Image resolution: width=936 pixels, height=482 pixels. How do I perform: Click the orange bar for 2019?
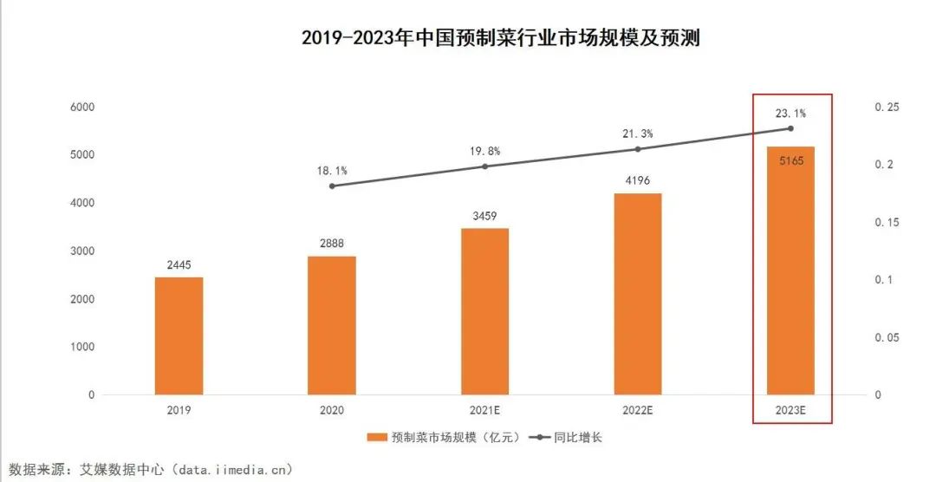(179, 336)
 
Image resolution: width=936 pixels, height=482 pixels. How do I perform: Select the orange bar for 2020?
(332, 325)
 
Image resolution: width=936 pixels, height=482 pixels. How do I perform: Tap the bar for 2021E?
(484, 311)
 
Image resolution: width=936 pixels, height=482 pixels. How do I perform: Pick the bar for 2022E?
(637, 294)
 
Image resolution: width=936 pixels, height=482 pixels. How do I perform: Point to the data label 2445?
(179, 264)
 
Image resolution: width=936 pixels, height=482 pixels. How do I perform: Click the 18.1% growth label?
(332, 171)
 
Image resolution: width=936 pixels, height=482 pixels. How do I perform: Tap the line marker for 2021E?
(484, 166)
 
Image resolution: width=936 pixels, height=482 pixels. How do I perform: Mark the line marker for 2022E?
(638, 149)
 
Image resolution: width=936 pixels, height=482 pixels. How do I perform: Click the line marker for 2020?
(332, 186)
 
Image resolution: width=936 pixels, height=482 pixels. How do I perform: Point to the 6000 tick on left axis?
(82, 107)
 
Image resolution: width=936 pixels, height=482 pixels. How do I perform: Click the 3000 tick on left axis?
(82, 251)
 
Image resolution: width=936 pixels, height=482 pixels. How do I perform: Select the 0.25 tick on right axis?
(887, 107)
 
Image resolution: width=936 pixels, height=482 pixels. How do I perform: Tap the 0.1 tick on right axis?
(884, 280)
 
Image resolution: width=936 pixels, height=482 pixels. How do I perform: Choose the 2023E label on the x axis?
(790, 411)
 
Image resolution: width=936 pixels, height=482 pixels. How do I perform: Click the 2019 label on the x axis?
(179, 411)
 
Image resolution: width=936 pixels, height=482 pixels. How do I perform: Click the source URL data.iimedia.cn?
(231, 470)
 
